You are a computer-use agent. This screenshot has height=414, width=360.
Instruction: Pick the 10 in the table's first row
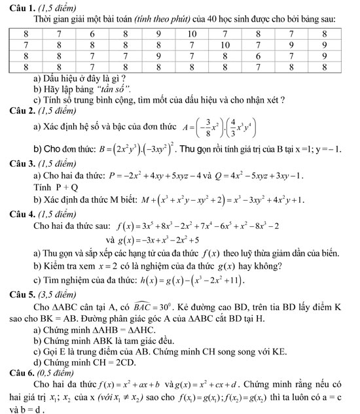tap(192, 33)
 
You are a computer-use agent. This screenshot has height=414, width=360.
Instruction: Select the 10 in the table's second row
tap(226, 44)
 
